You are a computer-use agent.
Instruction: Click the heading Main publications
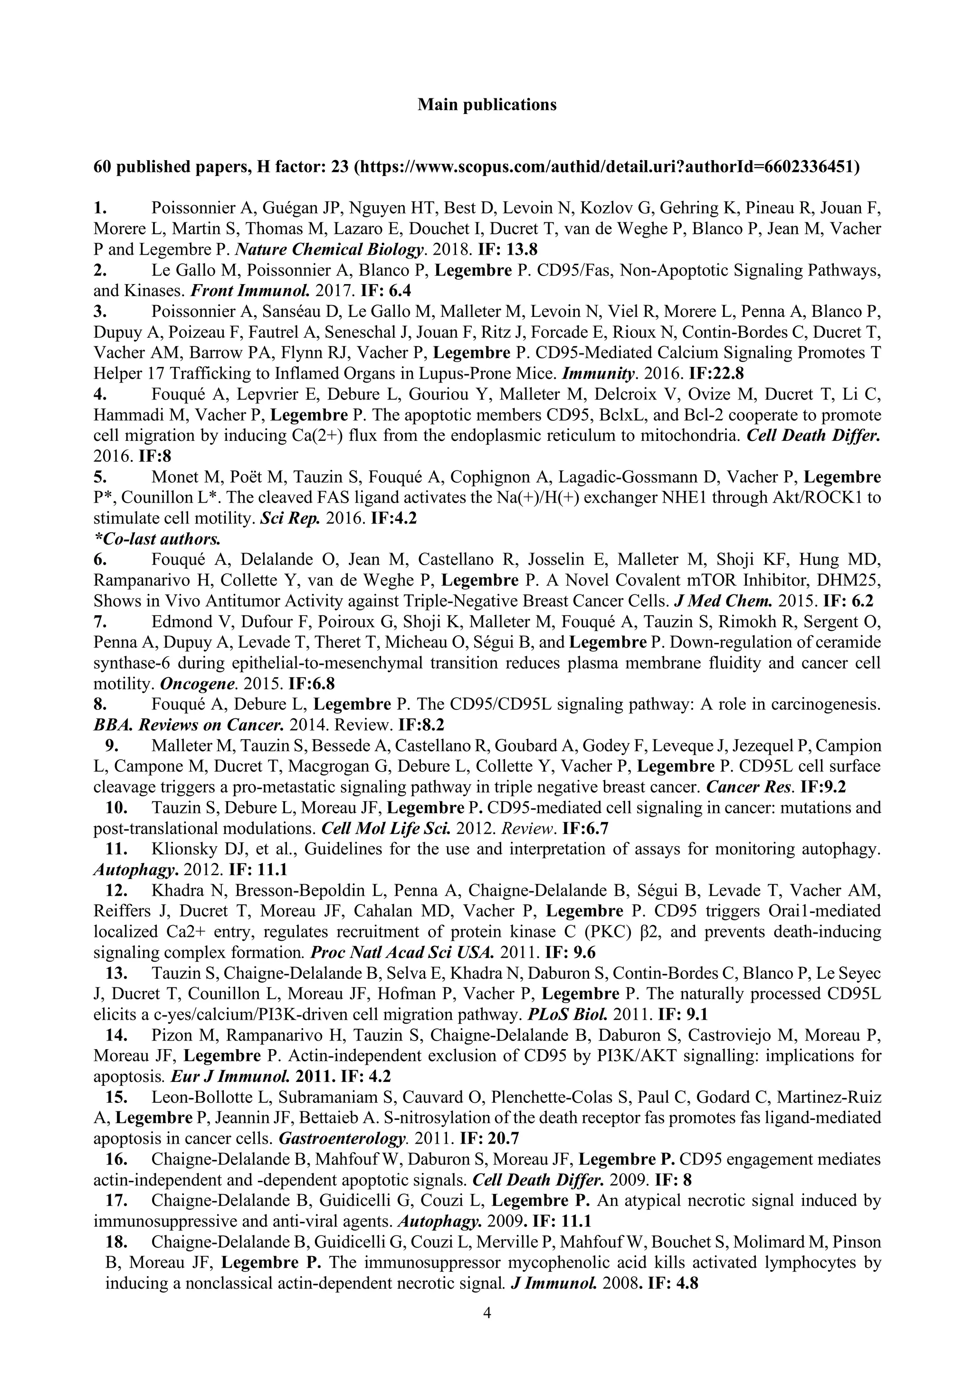click(x=486, y=105)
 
